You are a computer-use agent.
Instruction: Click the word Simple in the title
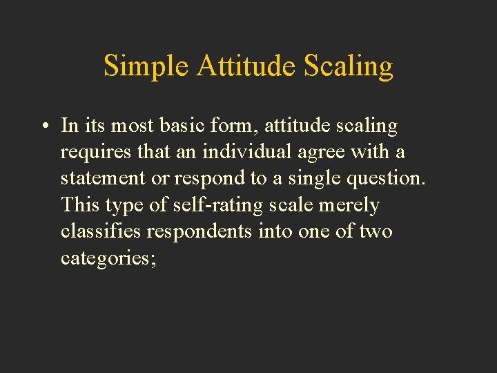click(x=146, y=66)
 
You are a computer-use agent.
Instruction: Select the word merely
click(x=349, y=205)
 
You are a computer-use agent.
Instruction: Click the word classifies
click(x=101, y=231)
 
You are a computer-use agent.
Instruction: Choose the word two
click(x=376, y=231)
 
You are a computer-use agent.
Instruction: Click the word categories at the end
click(x=107, y=258)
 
